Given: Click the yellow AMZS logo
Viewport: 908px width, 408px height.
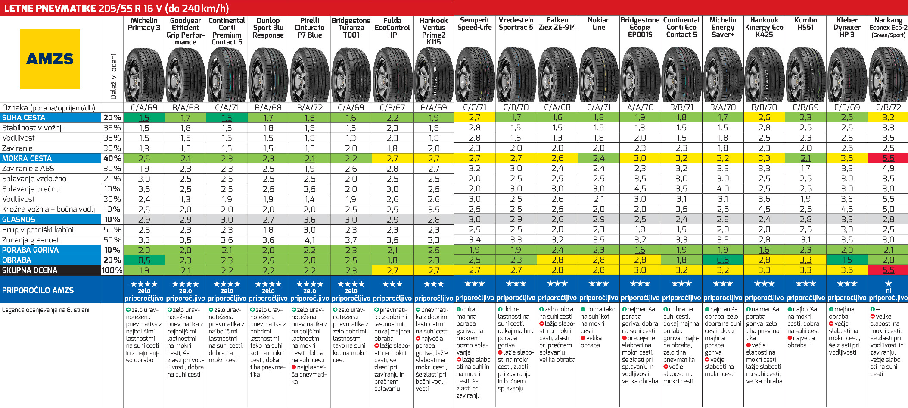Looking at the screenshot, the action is (x=50, y=59).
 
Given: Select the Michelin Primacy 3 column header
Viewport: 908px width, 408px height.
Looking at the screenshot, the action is (x=144, y=24).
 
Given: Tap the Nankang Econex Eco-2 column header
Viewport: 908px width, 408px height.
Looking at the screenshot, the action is (x=888, y=27).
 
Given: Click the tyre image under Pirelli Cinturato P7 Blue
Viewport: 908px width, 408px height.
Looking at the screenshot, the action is (x=309, y=75).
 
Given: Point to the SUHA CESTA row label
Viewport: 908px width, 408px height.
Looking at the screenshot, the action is (x=24, y=118).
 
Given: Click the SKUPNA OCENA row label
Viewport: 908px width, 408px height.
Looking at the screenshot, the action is (x=29, y=270).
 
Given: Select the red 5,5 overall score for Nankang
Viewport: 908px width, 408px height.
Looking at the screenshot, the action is (x=888, y=270).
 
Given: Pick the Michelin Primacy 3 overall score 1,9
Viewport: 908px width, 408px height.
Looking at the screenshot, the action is (x=144, y=270).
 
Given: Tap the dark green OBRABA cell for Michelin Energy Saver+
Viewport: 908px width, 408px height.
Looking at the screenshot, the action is (x=723, y=260).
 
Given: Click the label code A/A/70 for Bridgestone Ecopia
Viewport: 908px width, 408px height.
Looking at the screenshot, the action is (x=640, y=107).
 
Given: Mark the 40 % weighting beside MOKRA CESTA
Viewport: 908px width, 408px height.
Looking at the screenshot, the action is (x=112, y=158).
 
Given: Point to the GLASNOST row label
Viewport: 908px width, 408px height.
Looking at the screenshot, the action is (x=20, y=220).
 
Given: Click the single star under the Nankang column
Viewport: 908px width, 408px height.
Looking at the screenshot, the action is (x=888, y=283).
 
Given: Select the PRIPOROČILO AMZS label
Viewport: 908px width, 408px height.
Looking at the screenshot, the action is (x=38, y=290).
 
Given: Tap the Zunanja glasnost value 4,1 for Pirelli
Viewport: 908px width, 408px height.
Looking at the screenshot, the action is (x=309, y=240).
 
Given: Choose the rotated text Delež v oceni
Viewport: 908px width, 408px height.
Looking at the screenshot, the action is (x=114, y=77).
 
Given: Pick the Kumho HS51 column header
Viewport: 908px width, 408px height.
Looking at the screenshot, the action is (x=805, y=24).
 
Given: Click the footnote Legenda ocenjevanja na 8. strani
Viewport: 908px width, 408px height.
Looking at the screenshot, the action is (x=46, y=310).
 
